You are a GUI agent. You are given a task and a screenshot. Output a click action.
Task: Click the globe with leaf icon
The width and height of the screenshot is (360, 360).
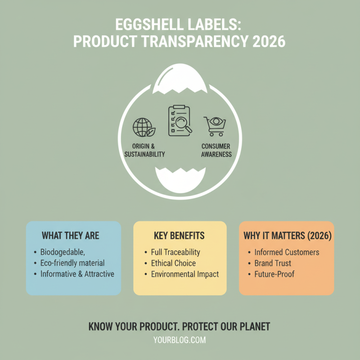pyautogui.click(x=144, y=127)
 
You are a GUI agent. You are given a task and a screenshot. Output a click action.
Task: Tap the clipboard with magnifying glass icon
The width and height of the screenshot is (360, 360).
pyautogui.click(x=180, y=121)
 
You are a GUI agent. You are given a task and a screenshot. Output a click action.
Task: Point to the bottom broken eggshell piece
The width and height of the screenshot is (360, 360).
pyautogui.click(x=180, y=180)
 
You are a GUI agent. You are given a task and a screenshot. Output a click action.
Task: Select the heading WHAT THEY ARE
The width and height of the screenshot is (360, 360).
pyautogui.click(x=70, y=236)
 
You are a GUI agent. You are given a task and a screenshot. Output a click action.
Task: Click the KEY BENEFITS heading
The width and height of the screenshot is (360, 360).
pyautogui.click(x=179, y=236)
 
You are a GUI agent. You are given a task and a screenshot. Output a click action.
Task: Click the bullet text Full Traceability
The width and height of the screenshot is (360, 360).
pyautogui.click(x=175, y=252)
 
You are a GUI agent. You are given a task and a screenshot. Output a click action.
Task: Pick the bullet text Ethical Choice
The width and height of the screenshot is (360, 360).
pyautogui.click(x=173, y=263)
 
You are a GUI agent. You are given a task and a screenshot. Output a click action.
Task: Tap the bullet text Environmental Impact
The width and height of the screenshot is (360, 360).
pyautogui.click(x=184, y=274)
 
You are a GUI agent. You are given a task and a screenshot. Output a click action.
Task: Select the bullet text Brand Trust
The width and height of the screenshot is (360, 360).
pyautogui.click(x=273, y=263)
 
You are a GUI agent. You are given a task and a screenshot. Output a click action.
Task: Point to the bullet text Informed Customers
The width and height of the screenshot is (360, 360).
pyautogui.click(x=287, y=252)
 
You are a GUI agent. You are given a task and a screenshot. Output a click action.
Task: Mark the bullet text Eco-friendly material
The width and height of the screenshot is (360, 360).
pyautogui.click(x=72, y=263)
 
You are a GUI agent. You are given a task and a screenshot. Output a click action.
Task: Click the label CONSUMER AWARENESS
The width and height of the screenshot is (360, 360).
pyautogui.click(x=216, y=150)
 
